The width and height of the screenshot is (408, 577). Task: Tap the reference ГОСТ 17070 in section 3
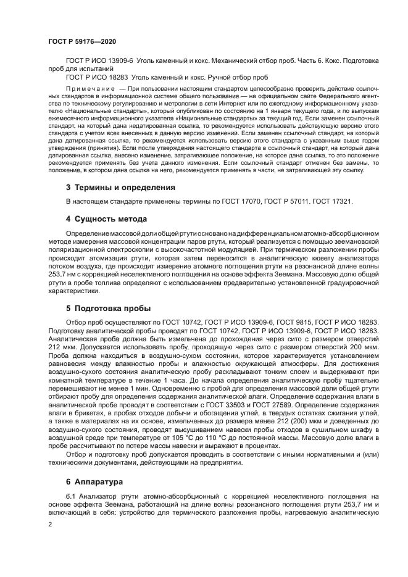click(x=243, y=202)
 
